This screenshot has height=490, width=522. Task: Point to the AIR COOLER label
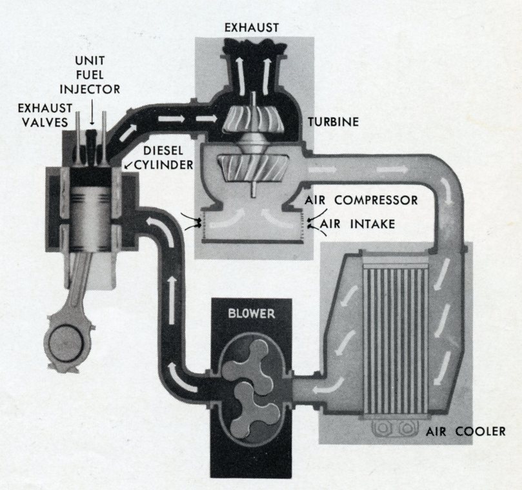pos(465,431)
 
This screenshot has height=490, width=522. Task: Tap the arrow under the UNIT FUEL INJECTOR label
pos(92,117)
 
